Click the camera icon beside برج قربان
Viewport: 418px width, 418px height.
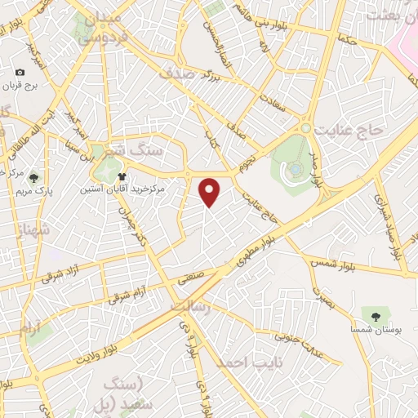tap(20, 73)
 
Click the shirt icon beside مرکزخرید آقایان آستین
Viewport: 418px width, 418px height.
tap(122, 176)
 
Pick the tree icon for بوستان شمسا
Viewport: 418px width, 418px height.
tap(376, 315)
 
